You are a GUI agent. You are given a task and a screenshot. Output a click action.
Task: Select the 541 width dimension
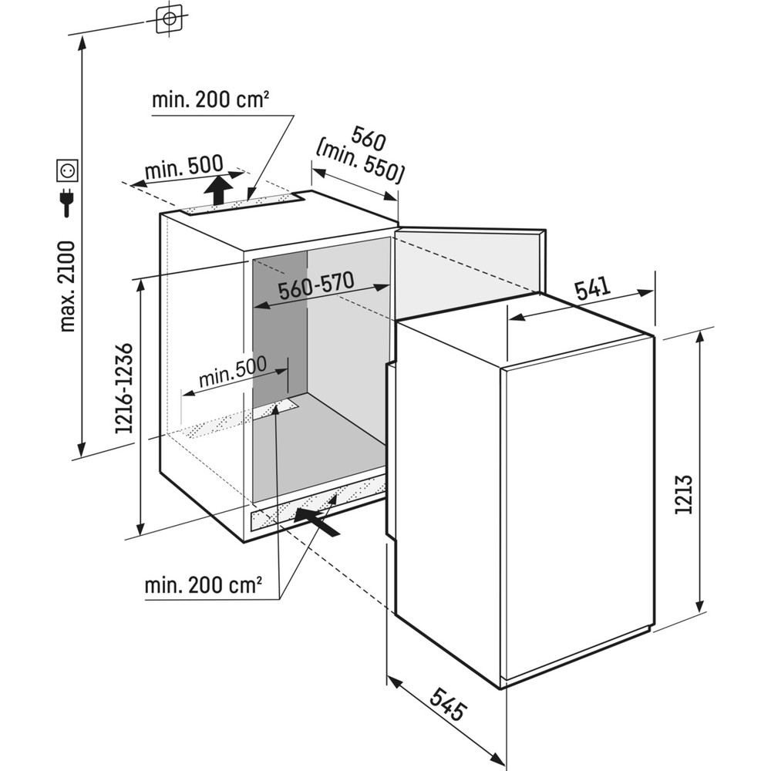[x=593, y=289]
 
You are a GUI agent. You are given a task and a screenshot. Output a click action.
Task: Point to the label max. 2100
[x=68, y=286]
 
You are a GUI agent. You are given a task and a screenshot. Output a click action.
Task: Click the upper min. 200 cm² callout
[x=210, y=99]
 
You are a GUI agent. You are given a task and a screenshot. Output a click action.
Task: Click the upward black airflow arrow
[x=219, y=190]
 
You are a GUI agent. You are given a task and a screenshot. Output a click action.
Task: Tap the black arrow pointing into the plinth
[x=317, y=521]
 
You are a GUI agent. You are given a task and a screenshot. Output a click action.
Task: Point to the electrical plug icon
[x=66, y=202]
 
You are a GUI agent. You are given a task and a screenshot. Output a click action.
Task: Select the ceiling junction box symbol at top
[x=169, y=19]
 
